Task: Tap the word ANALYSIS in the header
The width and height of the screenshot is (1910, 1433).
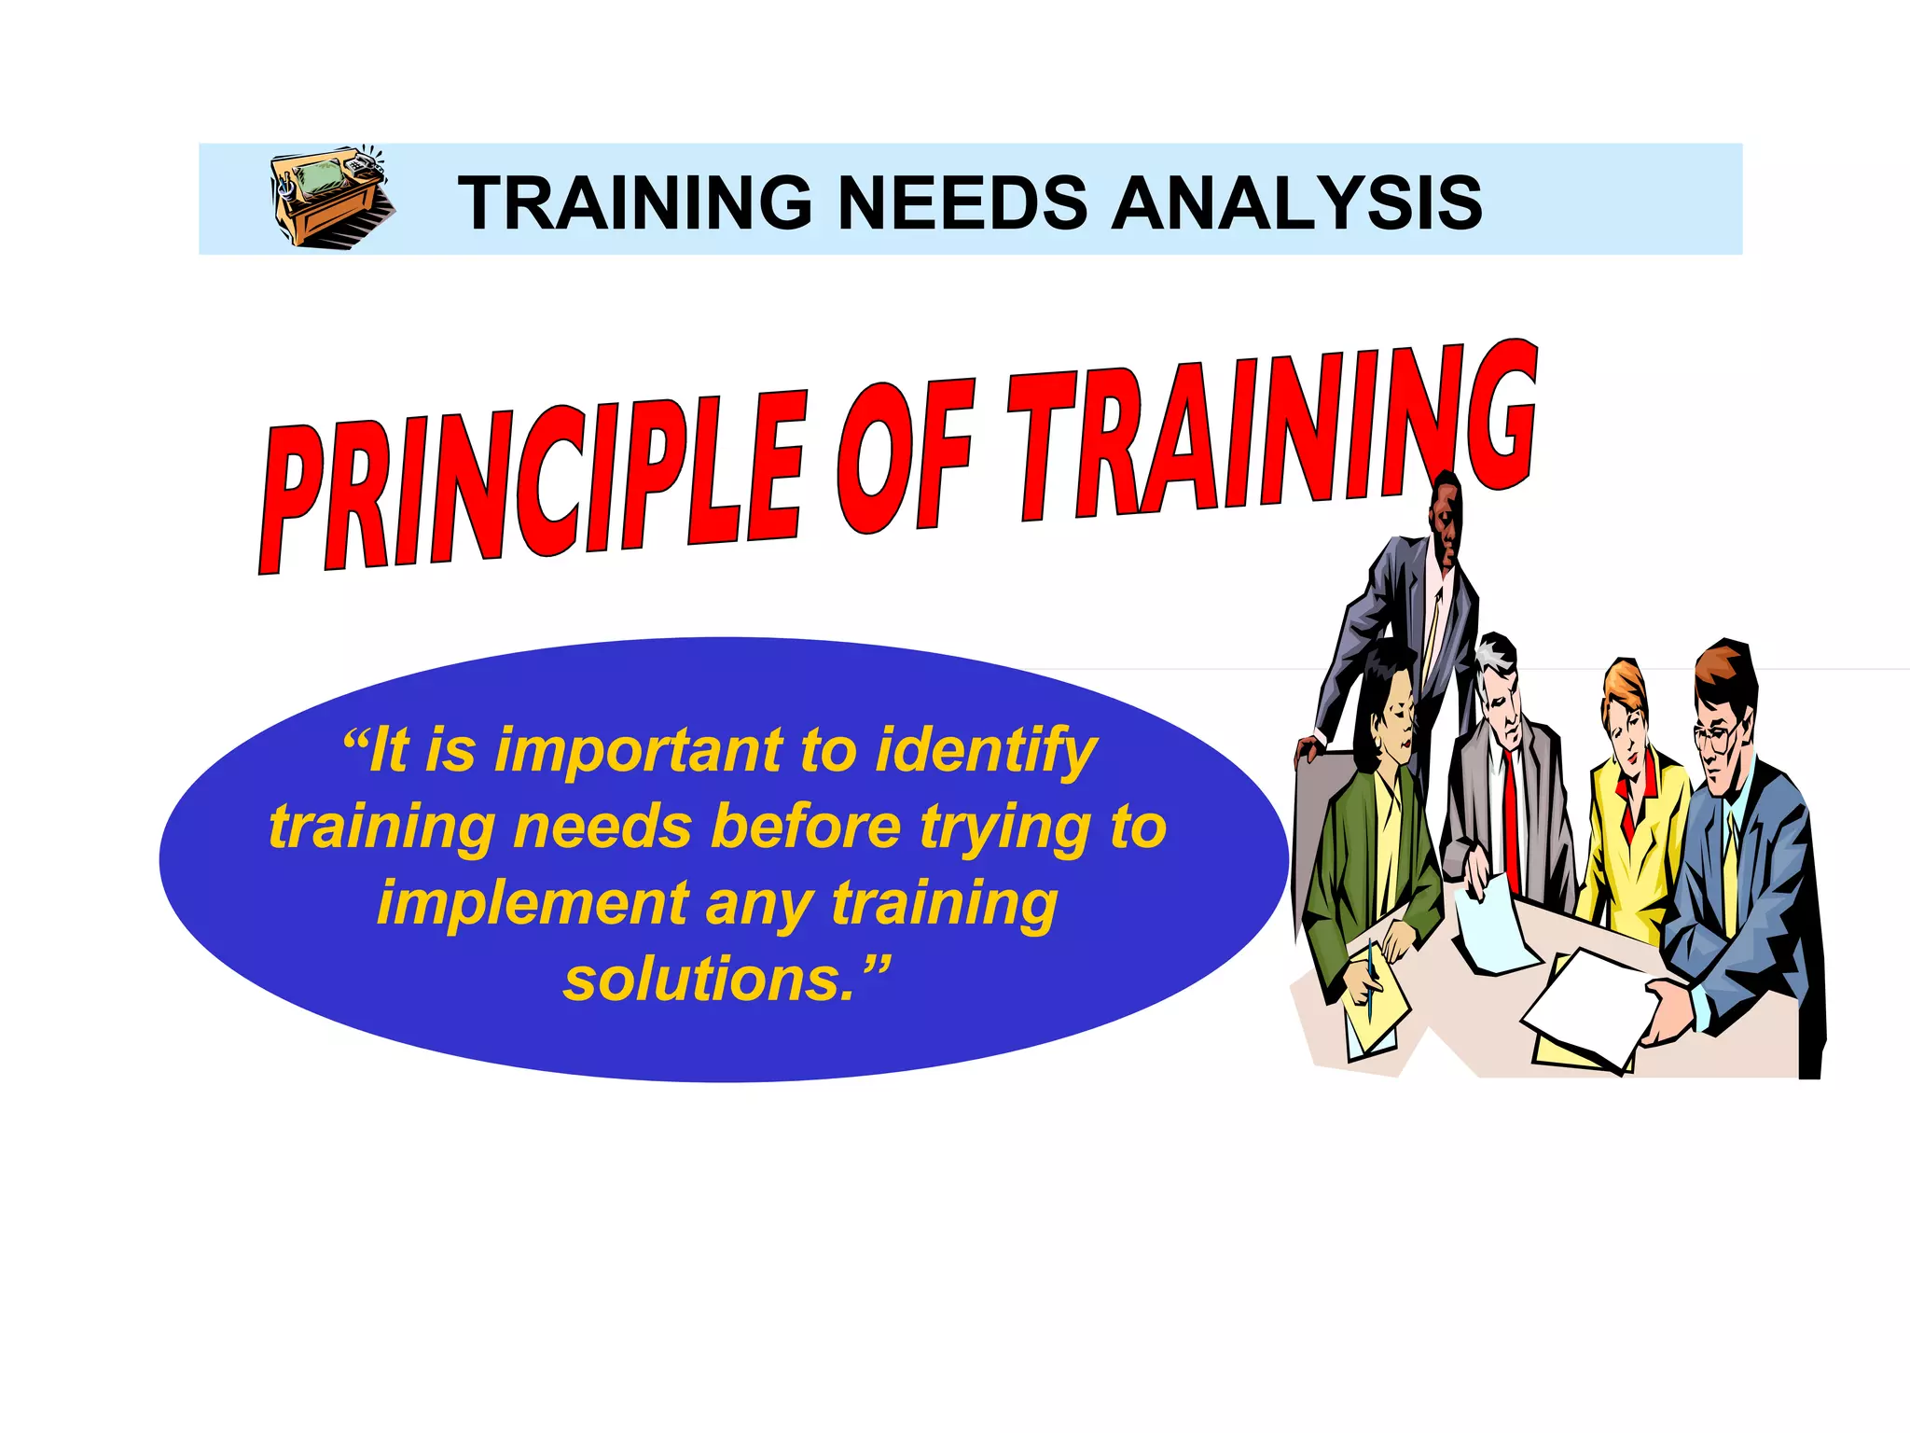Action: [x=1296, y=202]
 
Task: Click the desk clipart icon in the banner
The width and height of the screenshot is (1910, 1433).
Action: [x=331, y=197]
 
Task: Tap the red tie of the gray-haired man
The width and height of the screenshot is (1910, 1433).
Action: [x=1510, y=821]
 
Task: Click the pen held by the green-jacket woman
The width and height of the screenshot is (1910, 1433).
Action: [x=1371, y=980]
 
